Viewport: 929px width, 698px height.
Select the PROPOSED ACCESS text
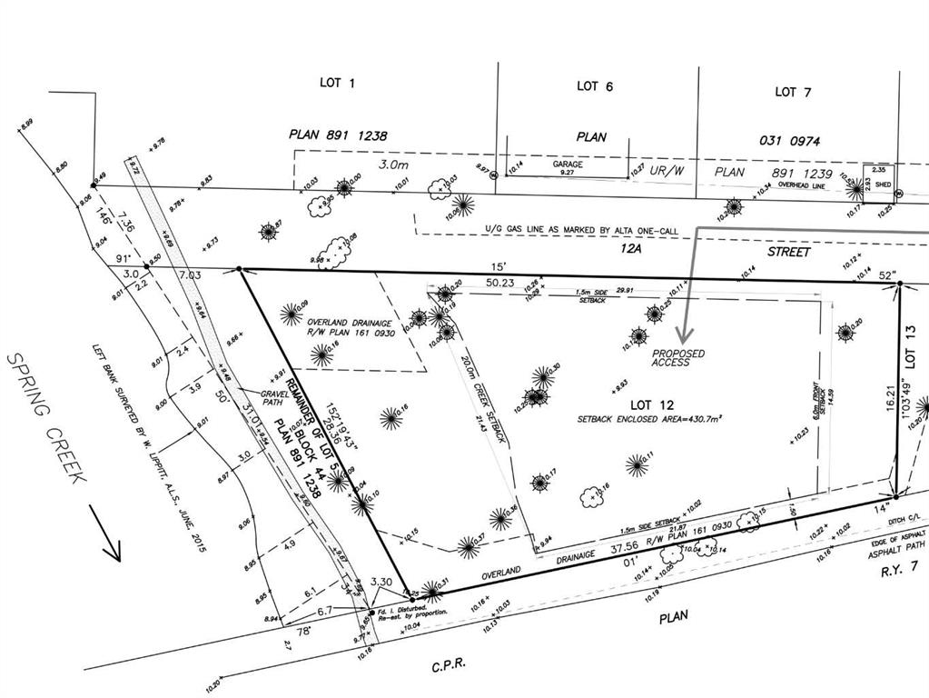pos(678,357)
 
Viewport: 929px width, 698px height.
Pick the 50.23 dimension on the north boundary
pos(499,283)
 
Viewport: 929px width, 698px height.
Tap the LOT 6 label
pos(595,86)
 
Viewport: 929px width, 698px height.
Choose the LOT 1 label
pos(338,83)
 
